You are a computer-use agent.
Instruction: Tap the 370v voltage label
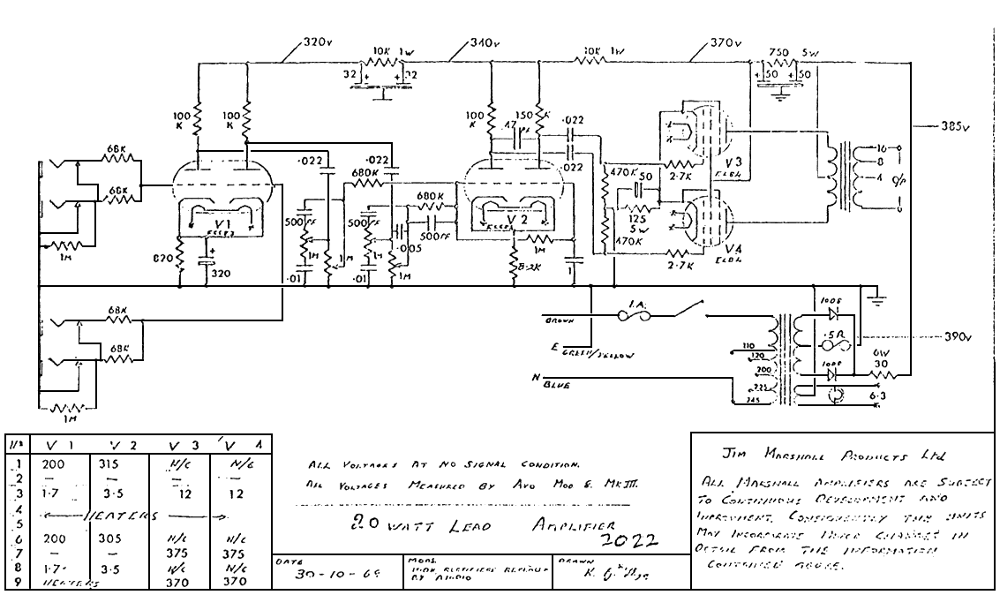click(x=725, y=41)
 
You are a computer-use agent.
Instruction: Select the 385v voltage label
click(x=953, y=126)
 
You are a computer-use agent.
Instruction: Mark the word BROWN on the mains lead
click(x=562, y=320)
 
